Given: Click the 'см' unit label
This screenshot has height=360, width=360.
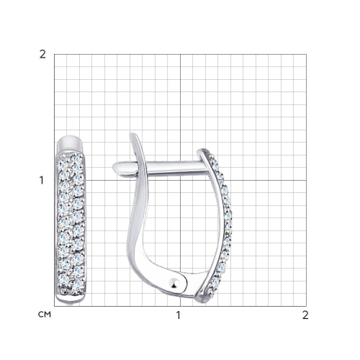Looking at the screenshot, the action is [x=45, y=315].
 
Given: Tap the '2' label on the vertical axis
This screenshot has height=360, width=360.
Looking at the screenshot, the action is [x=42, y=55].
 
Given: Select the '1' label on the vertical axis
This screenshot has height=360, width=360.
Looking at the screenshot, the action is [x=42, y=180].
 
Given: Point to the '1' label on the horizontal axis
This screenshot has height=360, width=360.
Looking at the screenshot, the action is [x=178, y=315].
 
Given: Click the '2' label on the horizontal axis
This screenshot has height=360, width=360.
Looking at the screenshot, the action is [x=305, y=315].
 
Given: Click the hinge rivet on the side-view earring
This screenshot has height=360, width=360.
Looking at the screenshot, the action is [x=175, y=282].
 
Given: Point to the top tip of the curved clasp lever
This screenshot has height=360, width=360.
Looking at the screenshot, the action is [x=132, y=135].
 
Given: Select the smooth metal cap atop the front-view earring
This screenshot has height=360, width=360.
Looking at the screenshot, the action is [x=70, y=143].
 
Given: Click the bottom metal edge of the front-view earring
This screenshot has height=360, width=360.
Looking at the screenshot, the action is [x=71, y=300].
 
